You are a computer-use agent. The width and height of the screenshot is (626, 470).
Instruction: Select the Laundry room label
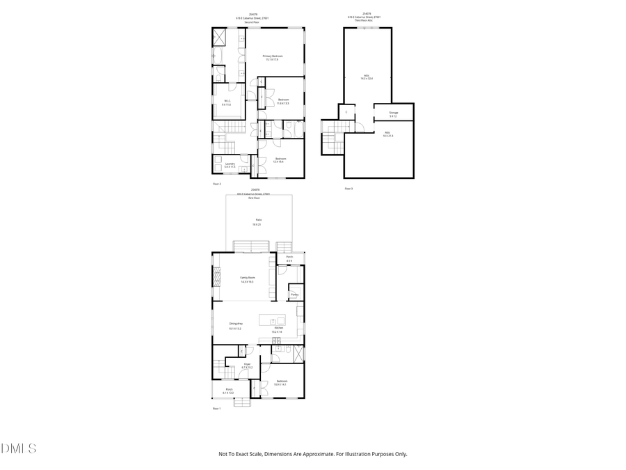[228, 165]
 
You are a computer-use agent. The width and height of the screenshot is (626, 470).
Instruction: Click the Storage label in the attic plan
[394, 113]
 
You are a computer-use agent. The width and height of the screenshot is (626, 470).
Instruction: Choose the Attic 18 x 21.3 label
[387, 134]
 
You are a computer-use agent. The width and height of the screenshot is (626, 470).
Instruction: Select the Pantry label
[295, 295]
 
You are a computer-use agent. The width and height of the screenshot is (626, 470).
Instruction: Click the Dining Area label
[236, 324]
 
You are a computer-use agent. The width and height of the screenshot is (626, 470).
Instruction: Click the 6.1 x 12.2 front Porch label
[229, 391]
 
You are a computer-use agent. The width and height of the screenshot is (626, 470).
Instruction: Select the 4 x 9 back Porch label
[289, 258]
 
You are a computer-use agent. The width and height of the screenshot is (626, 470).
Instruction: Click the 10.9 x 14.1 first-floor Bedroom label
[282, 382]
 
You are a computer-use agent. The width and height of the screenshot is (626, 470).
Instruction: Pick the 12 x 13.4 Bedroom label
[280, 159]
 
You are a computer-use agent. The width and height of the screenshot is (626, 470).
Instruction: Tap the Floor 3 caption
[349, 189]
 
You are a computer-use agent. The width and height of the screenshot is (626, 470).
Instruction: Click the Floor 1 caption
[216, 409]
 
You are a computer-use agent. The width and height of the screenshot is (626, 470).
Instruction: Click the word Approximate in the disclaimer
[319, 454]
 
